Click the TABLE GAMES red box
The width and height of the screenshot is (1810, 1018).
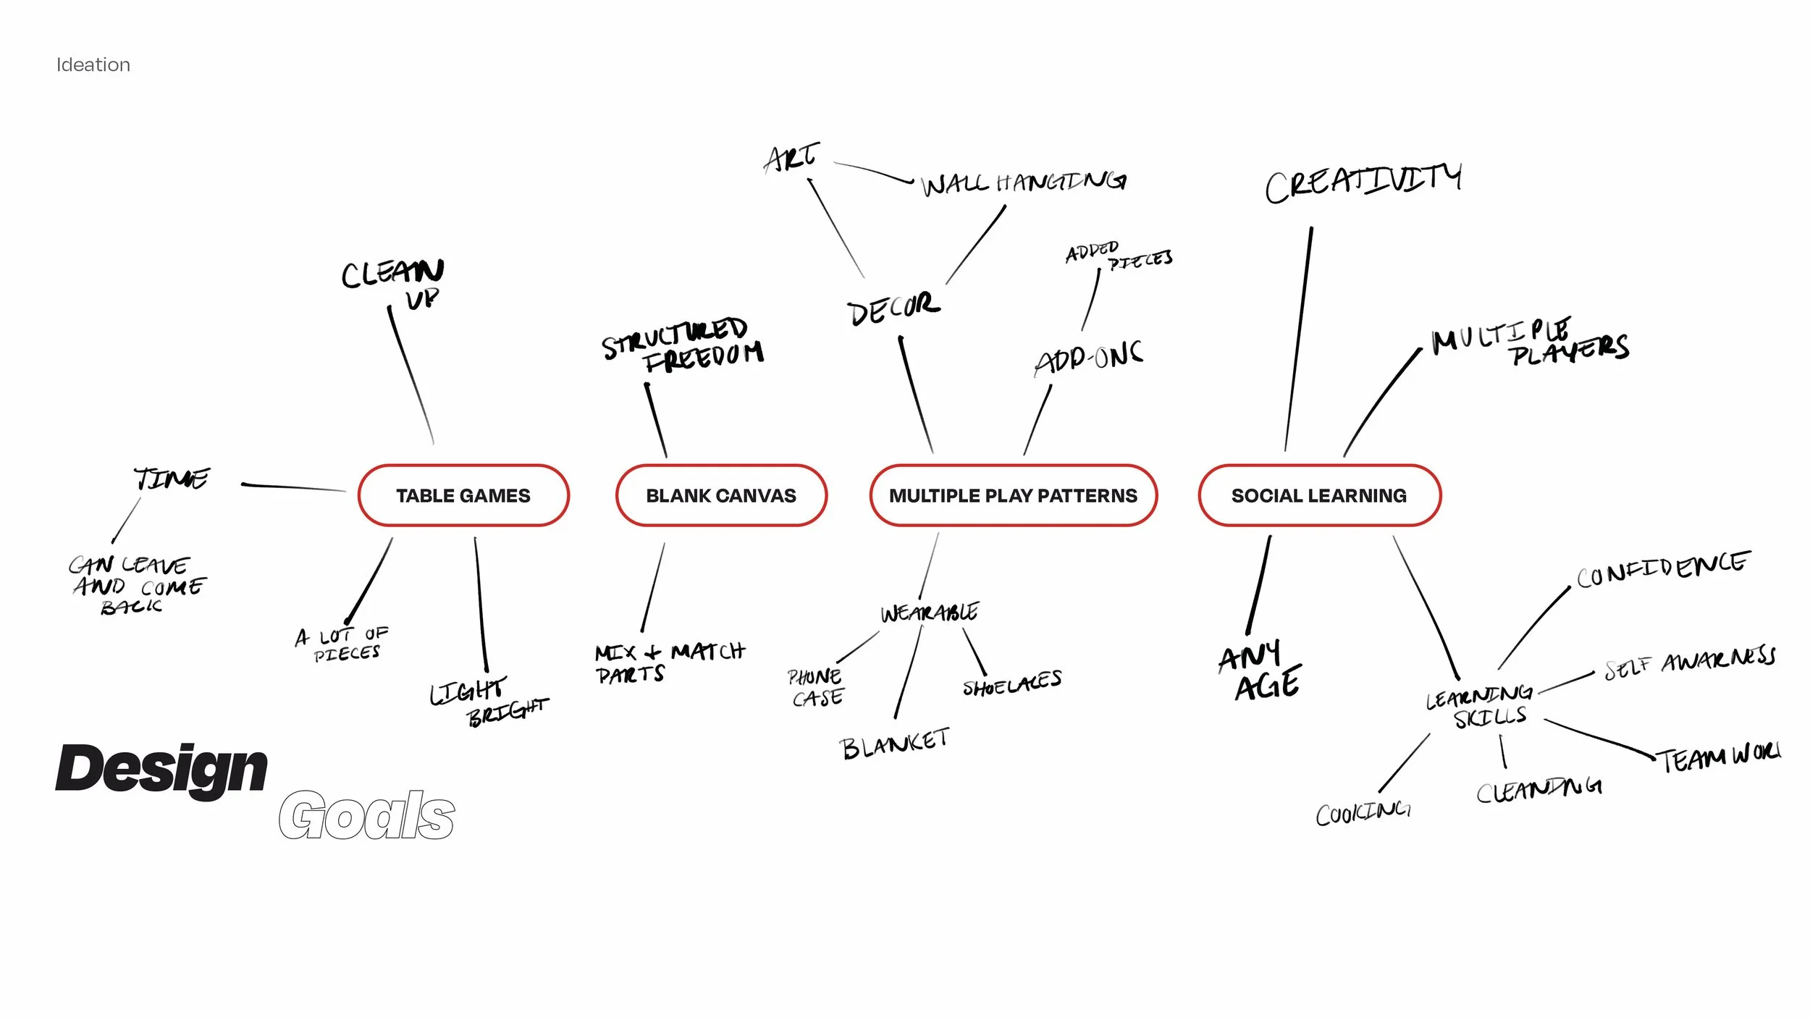tap(463, 496)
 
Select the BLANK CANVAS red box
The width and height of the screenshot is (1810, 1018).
tap(721, 496)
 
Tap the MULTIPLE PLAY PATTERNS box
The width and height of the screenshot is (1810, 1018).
tap(1013, 496)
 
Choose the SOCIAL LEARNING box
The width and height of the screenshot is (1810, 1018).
tap(1319, 496)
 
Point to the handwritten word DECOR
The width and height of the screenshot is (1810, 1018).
tap(893, 309)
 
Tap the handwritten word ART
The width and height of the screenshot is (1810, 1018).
tap(792, 158)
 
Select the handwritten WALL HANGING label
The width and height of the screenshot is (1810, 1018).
tap(1024, 183)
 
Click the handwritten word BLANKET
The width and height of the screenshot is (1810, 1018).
tap(895, 744)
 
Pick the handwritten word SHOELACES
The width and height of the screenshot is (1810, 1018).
tap(1012, 683)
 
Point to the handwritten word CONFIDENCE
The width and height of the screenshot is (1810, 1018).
tap(1663, 569)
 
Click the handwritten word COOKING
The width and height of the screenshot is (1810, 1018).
tap(1363, 813)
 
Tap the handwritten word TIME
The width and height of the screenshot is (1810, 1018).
tap(172, 479)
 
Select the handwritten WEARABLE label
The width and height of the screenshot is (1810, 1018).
tap(930, 613)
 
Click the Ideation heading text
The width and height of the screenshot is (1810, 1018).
tap(93, 65)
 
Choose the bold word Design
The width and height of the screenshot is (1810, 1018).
tap(161, 769)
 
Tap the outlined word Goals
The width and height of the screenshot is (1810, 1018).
tap(366, 815)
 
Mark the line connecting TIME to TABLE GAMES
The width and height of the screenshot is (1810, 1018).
tap(293, 487)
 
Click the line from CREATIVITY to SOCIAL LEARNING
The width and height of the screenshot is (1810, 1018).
tap(1299, 340)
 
